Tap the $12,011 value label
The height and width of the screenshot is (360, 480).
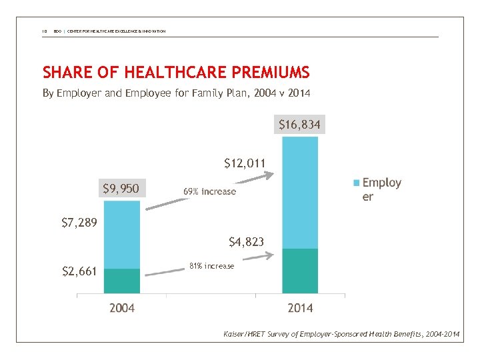pyautogui.click(x=245, y=163)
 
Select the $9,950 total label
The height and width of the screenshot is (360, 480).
pyautogui.click(x=121, y=189)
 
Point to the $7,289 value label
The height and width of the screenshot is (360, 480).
pyautogui.click(x=79, y=222)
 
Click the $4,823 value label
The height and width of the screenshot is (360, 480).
pyautogui.click(x=246, y=241)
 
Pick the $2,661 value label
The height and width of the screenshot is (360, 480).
pyautogui.click(x=79, y=271)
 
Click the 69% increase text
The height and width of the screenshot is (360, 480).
pyautogui.click(x=209, y=191)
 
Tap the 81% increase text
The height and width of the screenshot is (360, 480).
pyautogui.click(x=211, y=266)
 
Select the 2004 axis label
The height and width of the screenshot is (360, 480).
pyautogui.click(x=122, y=308)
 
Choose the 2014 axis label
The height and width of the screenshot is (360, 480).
pyautogui.click(x=300, y=308)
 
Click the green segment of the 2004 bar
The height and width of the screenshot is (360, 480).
pyautogui.click(x=122, y=281)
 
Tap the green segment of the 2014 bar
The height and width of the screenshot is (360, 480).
pyautogui.click(x=300, y=271)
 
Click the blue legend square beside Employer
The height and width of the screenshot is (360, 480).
pyautogui.click(x=356, y=183)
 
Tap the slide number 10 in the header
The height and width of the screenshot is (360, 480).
pyautogui.click(x=45, y=31)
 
